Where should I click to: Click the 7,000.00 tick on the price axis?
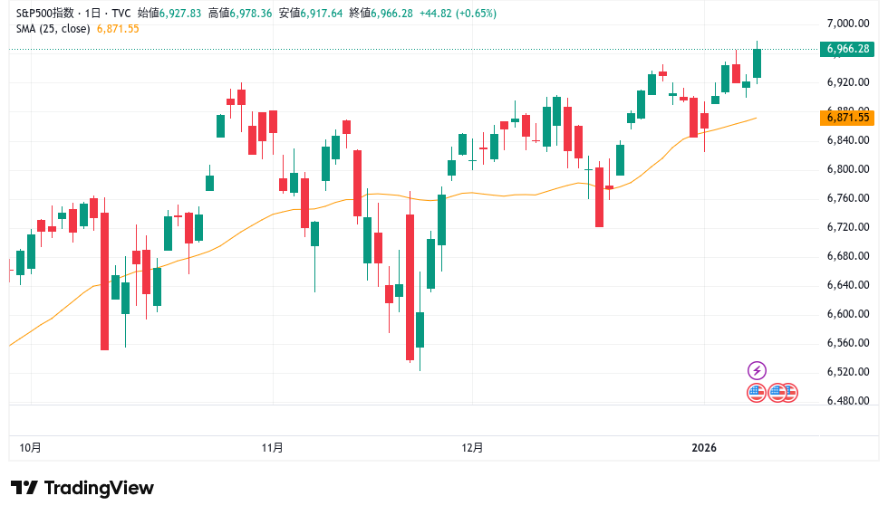coord(848,24)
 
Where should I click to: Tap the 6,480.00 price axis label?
coord(848,401)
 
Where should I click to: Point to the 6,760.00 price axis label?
coord(848,198)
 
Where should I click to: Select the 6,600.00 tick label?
coord(848,314)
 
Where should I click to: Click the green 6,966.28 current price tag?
coord(848,49)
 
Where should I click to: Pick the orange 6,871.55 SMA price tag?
coord(848,117)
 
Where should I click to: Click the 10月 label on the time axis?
coord(30,448)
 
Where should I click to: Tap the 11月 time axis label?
coord(272,448)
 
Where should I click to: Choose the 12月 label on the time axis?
coord(472,448)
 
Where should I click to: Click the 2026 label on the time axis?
coord(704,448)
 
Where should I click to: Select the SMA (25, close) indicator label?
coord(53,29)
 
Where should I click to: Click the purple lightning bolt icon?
coord(757,370)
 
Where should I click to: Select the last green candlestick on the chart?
coord(757,63)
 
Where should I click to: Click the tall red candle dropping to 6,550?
coord(104,281)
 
